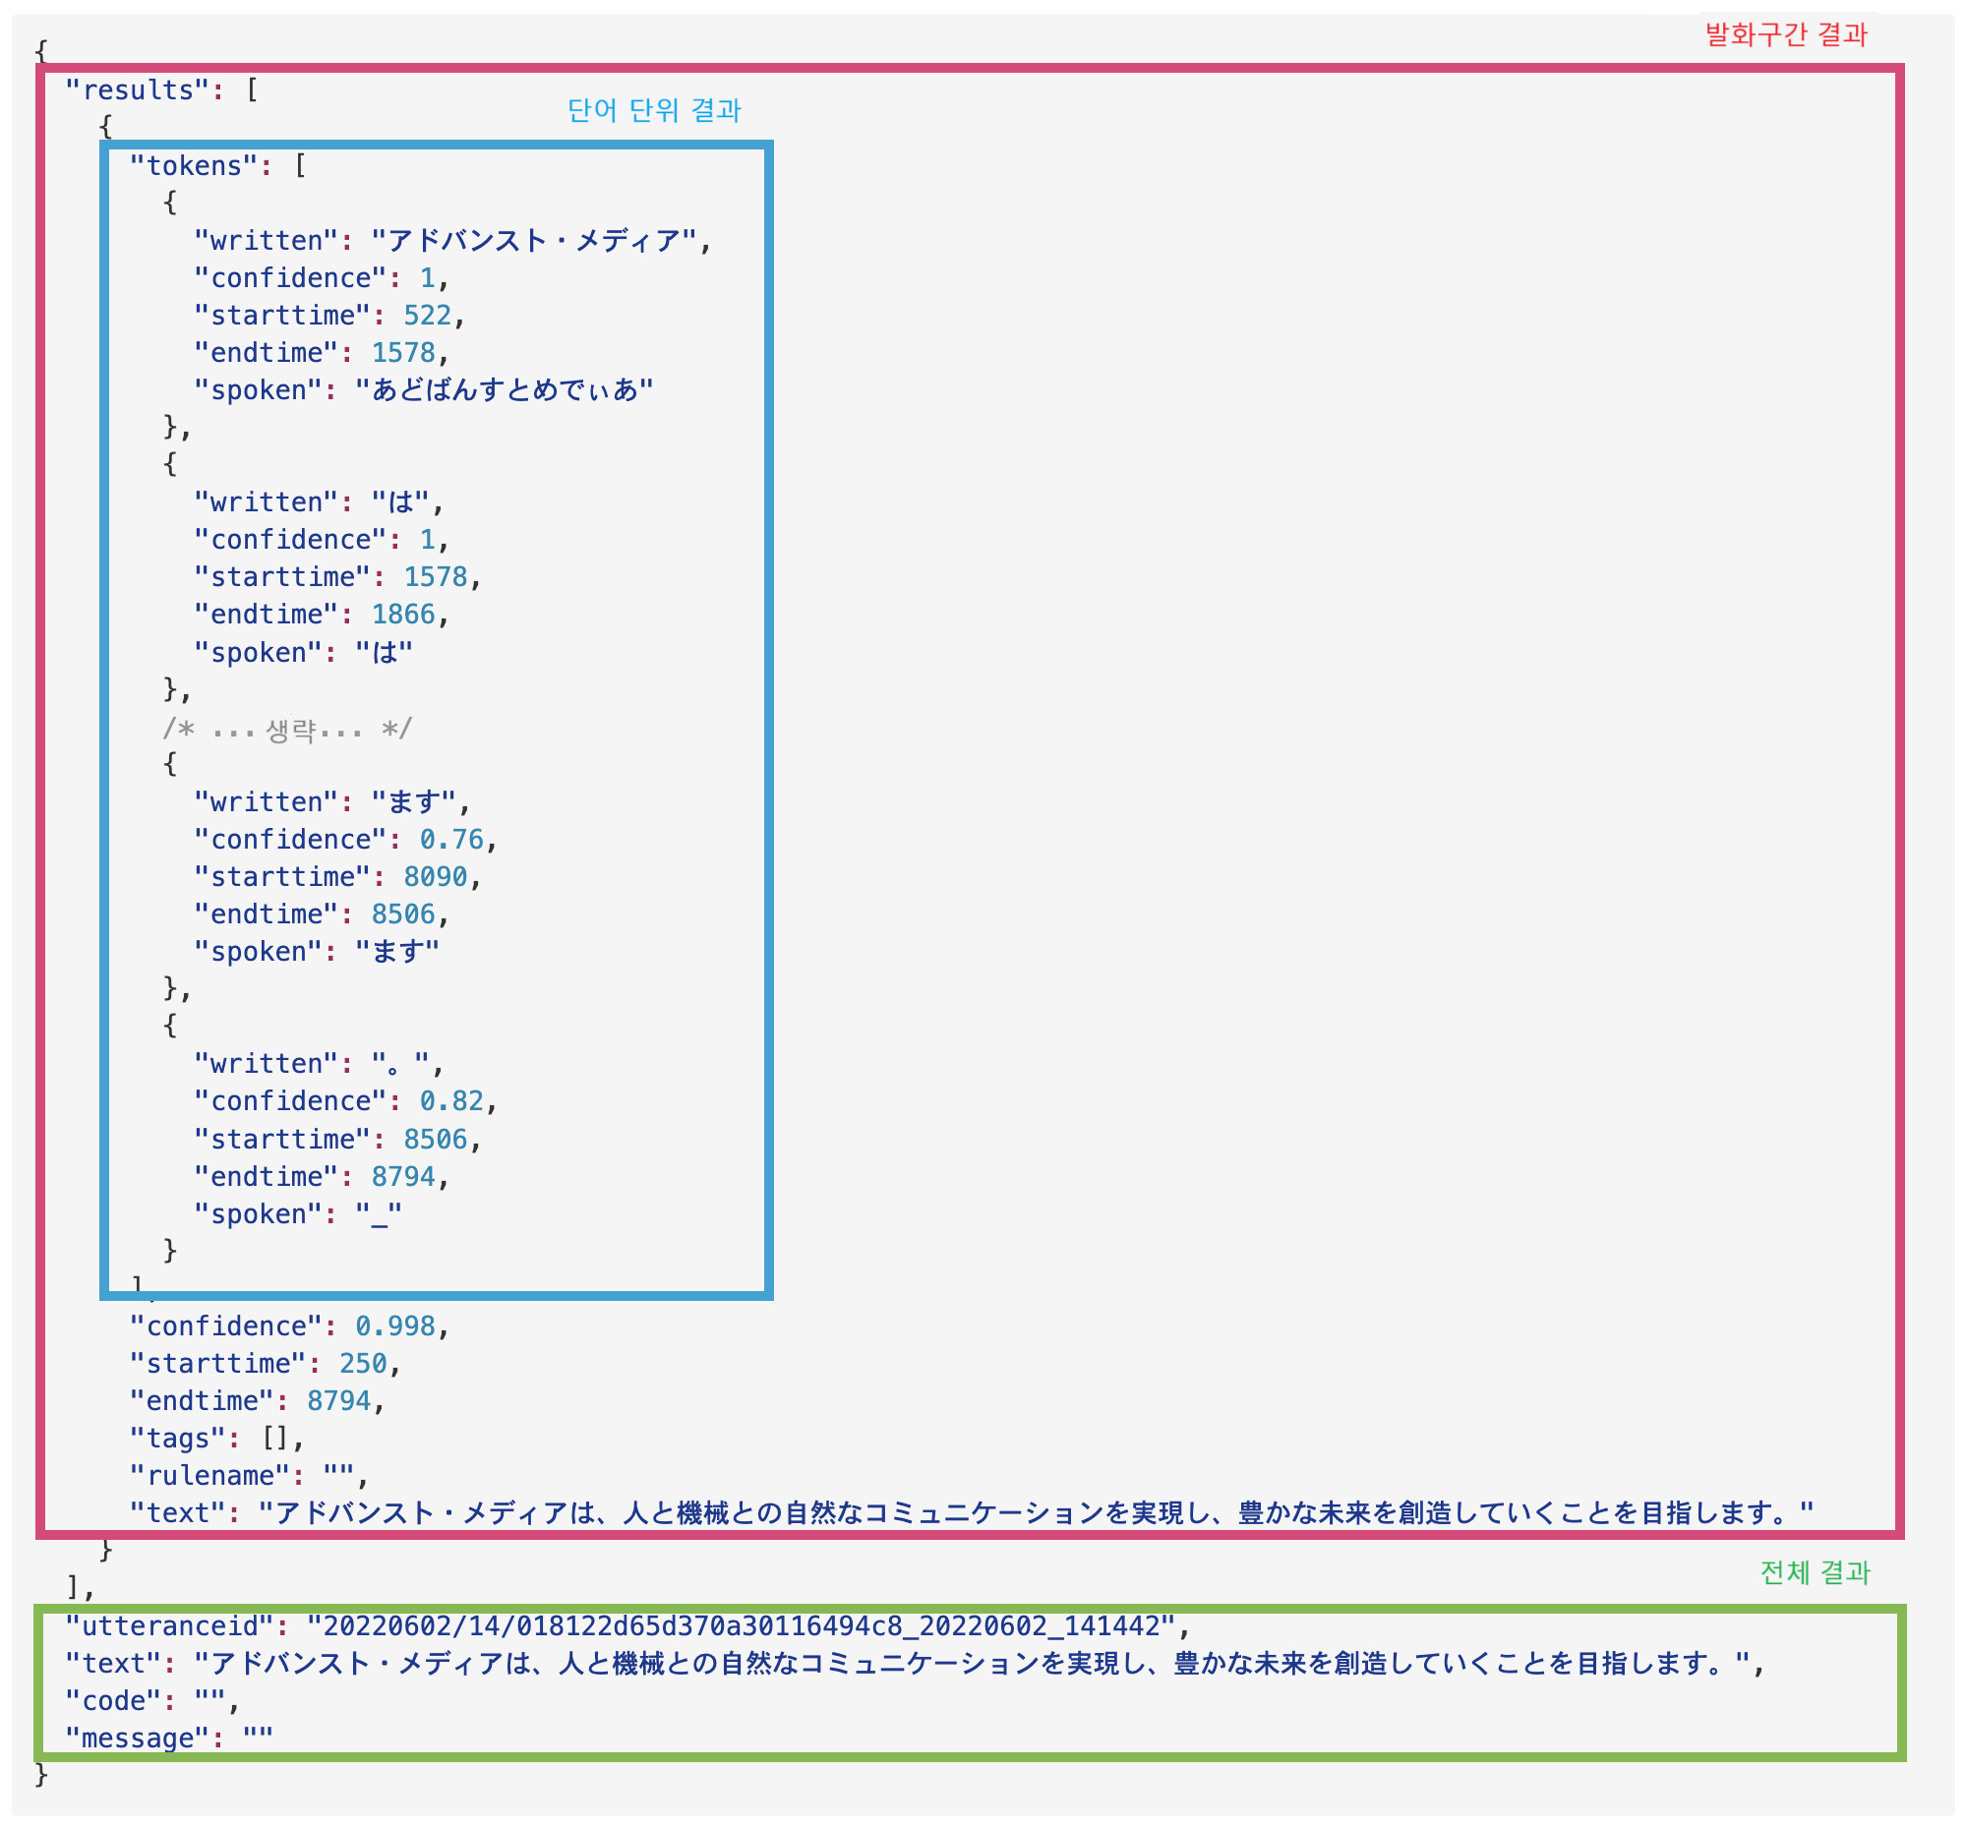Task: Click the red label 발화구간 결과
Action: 1785,35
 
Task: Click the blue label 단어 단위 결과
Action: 654,111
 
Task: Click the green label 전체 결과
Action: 1814,1572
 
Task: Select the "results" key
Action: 138,89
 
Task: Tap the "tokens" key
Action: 194,165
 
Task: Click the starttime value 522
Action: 427,316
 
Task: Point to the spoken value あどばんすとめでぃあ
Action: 505,390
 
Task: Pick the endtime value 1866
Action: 402,615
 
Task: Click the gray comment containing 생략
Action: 287,730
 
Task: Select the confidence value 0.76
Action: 451,840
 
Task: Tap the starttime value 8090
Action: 435,877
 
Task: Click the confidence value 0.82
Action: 451,1101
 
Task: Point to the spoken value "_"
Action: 379,1214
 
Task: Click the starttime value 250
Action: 363,1363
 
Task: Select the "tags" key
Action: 178,1439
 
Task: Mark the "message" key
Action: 138,1739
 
